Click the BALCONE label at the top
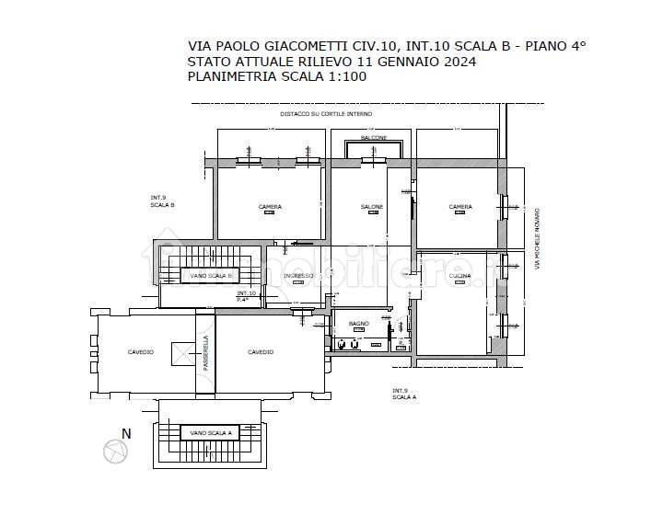click(373, 137)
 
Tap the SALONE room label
click(371, 207)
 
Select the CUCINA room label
click(459, 275)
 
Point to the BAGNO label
click(359, 324)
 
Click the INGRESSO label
click(298, 276)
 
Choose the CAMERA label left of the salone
click(270, 207)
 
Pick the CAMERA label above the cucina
click(460, 207)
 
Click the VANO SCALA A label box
click(209, 432)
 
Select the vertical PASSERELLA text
click(205, 353)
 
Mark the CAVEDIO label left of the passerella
click(141, 352)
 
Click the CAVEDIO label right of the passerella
click(261, 352)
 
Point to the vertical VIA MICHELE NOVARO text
click(537, 239)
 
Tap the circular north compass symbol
click(115, 451)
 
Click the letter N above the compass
click(127, 433)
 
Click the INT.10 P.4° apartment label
click(246, 295)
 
